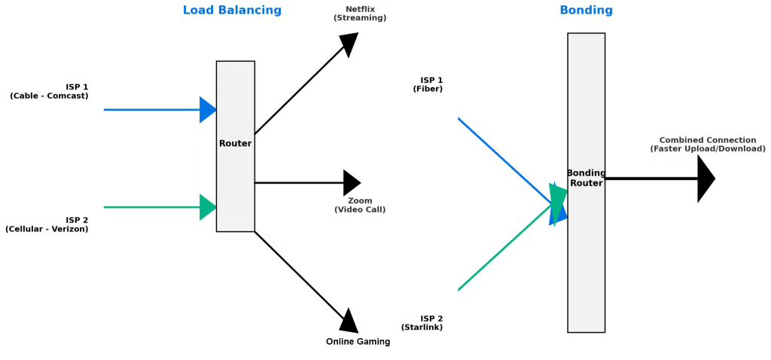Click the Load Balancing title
click(x=232, y=11)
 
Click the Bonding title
click(x=586, y=11)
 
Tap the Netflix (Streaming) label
click(x=360, y=14)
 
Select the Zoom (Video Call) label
click(x=360, y=205)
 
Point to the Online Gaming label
click(x=358, y=341)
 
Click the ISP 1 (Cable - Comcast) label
click(x=49, y=91)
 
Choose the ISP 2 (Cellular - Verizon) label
click(x=47, y=224)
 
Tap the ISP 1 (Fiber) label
click(x=428, y=84)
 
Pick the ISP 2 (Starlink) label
click(x=422, y=323)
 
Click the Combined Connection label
click(x=708, y=145)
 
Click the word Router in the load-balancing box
click(x=235, y=144)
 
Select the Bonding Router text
click(x=586, y=178)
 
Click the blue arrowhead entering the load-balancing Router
click(x=208, y=110)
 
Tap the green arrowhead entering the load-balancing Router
click(x=208, y=207)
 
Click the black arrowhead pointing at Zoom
click(x=352, y=182)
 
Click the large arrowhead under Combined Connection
click(x=705, y=178)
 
